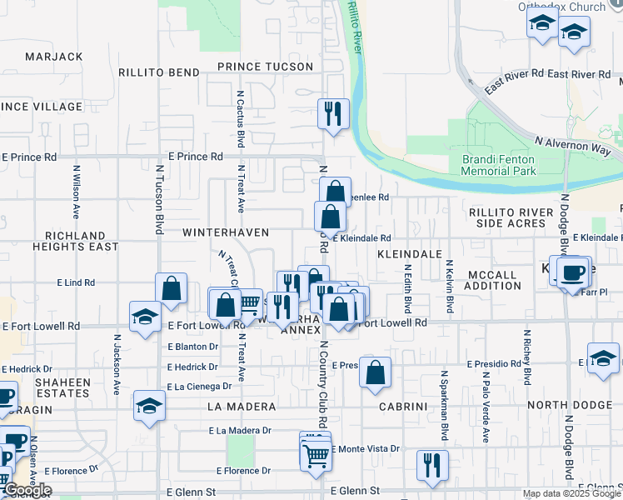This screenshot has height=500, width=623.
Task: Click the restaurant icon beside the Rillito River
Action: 333,112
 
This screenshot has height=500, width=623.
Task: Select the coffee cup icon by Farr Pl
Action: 572,274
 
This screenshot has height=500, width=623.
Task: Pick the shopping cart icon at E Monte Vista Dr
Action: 316,455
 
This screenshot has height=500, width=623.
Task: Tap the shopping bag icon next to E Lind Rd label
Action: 171,289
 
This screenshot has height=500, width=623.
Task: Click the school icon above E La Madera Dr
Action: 149,406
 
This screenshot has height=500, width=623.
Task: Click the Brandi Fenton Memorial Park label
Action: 499,164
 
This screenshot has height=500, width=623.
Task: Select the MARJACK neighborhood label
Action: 54,56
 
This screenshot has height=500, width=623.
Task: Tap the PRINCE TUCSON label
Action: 265,67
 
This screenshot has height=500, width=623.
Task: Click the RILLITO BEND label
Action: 157,72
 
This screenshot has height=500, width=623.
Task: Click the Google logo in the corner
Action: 27,490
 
